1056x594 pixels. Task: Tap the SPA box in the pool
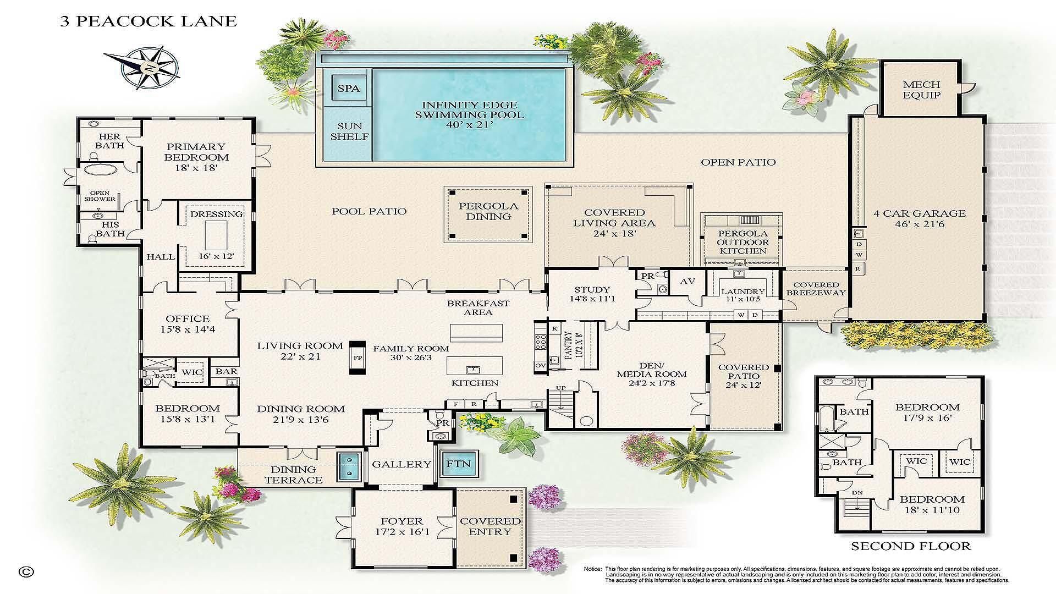349,88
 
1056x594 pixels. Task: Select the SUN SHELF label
349,131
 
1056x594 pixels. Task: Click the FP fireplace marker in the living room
358,358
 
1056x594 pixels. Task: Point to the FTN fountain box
458,464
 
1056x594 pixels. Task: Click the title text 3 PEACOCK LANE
147,21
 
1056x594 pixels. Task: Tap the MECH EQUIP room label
921,90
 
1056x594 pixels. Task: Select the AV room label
687,281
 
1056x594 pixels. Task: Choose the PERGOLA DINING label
488,211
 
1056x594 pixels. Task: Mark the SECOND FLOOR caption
910,546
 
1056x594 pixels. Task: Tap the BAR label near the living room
226,372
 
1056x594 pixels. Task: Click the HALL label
161,257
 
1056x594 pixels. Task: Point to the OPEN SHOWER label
100,196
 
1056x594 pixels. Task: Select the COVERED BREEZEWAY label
816,289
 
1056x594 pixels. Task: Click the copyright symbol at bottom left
25,571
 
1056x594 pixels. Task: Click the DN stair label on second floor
857,493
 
